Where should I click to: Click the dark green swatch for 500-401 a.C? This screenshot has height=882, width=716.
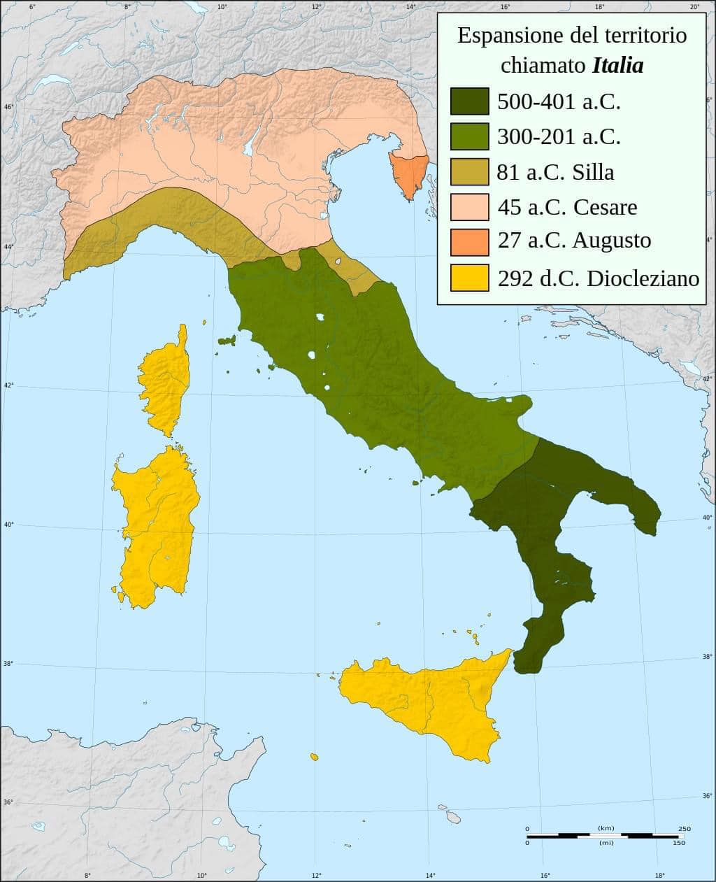tap(468, 101)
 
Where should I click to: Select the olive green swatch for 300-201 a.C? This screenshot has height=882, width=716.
tap(468, 136)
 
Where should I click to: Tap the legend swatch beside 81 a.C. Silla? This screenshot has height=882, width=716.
tap(468, 171)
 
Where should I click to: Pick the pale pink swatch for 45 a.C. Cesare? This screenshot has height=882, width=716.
tap(468, 206)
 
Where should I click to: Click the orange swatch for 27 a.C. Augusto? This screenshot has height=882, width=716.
tap(468, 241)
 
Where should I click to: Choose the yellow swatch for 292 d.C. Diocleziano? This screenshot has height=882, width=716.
tap(468, 277)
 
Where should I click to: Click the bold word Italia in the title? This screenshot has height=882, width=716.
tap(617, 66)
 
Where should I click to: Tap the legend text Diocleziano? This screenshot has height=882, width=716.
tap(643, 278)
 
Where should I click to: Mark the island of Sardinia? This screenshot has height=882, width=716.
tap(157, 525)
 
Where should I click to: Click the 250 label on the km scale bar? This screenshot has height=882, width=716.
tap(684, 829)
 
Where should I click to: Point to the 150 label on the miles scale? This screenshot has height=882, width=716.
tap(678, 843)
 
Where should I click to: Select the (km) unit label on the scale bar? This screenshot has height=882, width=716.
tap(606, 829)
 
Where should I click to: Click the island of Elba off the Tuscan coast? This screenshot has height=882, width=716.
tap(227, 341)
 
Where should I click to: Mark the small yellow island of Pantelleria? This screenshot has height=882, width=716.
tap(315, 757)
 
